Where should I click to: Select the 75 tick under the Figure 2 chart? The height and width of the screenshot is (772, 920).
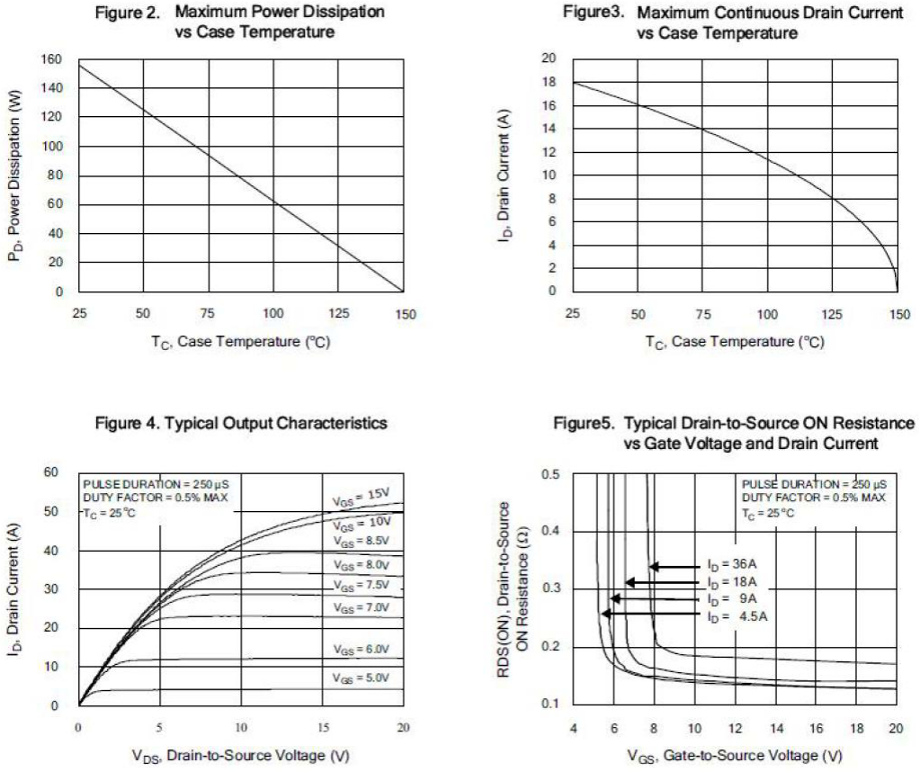point(209,314)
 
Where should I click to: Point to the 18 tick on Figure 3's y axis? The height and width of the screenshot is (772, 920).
point(549,82)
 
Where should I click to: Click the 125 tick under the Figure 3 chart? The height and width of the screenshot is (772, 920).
point(833,314)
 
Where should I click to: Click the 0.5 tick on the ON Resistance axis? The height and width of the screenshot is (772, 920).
point(550,474)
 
